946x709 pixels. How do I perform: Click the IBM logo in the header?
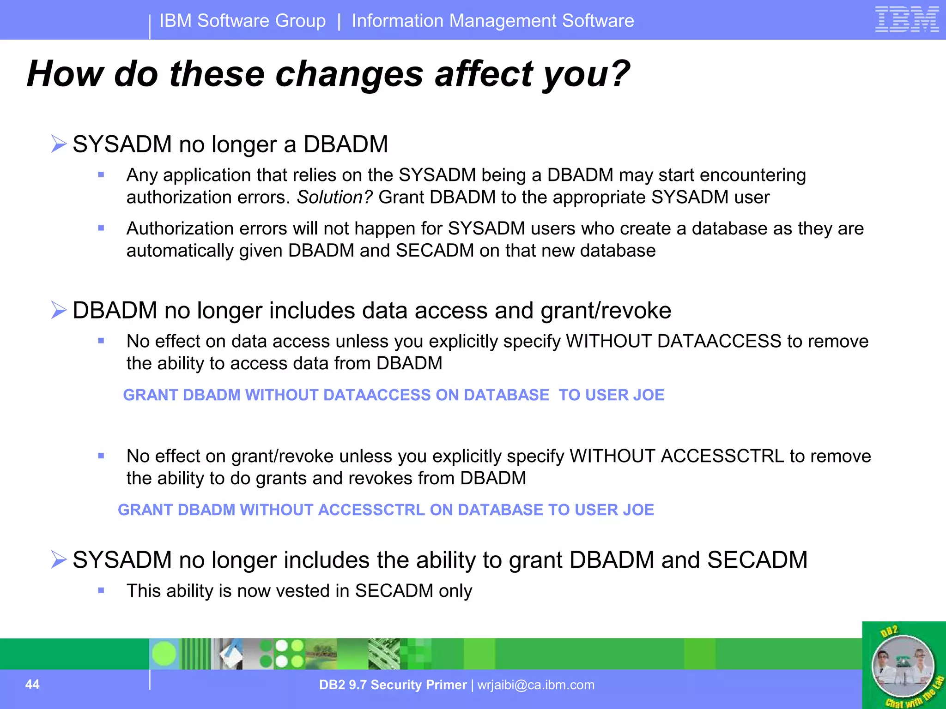pyautogui.click(x=907, y=19)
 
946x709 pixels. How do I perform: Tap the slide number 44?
pyautogui.click(x=32, y=684)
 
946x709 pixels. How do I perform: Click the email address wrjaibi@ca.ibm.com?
pyautogui.click(x=536, y=685)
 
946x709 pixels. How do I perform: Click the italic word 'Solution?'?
pyautogui.click(x=334, y=198)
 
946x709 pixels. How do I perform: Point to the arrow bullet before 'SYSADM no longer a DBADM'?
pyautogui.click(x=59, y=144)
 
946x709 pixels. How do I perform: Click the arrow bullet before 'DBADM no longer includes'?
pyautogui.click(x=59, y=310)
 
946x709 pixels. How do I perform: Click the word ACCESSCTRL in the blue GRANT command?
pyautogui.click(x=371, y=510)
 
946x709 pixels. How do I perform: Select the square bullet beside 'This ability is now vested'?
pyautogui.click(x=101, y=590)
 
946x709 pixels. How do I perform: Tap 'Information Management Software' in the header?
pyautogui.click(x=492, y=21)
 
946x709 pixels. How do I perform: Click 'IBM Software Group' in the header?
pyautogui.click(x=243, y=21)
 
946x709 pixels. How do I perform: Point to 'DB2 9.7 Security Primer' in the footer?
pyautogui.click(x=393, y=685)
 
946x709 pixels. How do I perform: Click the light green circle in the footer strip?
pyautogui.click(x=164, y=654)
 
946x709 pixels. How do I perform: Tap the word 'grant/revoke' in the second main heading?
pyautogui.click(x=606, y=310)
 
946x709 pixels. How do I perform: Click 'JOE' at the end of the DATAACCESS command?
pyautogui.click(x=649, y=395)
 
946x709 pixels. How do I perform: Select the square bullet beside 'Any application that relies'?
pyautogui.click(x=101, y=174)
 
